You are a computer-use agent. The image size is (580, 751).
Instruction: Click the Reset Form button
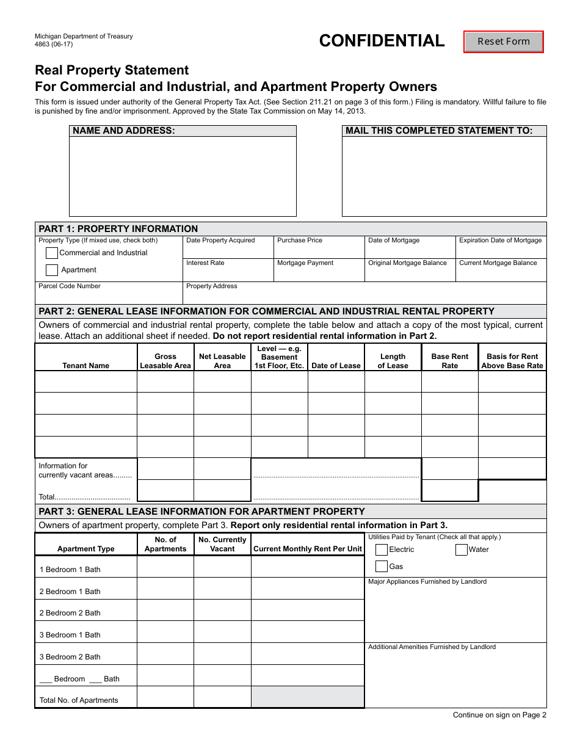click(504, 42)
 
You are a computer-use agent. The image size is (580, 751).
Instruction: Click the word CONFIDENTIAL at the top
click(382, 41)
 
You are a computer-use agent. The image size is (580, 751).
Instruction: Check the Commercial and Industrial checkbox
click(52, 253)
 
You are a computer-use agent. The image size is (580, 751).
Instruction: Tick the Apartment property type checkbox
click(52, 270)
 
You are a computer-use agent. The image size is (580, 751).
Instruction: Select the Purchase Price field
click(318, 250)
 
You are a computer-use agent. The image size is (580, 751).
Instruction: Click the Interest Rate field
click(228, 273)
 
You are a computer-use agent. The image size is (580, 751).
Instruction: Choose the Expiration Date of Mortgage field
click(501, 250)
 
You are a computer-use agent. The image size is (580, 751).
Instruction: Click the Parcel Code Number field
click(109, 296)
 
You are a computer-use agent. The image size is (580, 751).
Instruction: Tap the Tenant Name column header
click(86, 366)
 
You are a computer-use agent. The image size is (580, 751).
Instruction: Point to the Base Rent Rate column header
click(450, 361)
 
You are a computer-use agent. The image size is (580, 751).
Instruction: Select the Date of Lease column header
click(336, 366)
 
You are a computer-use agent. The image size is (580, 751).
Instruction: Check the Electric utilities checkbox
click(382, 550)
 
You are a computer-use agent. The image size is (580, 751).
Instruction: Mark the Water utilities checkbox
click(462, 550)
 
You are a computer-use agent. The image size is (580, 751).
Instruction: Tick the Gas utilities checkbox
click(382, 567)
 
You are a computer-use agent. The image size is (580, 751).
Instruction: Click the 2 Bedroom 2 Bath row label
click(70, 613)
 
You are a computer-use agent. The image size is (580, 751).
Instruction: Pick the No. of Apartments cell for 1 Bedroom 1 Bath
click(165, 567)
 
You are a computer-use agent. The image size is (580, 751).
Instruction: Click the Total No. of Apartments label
click(79, 700)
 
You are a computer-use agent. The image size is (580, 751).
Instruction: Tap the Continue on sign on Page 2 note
click(499, 715)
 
